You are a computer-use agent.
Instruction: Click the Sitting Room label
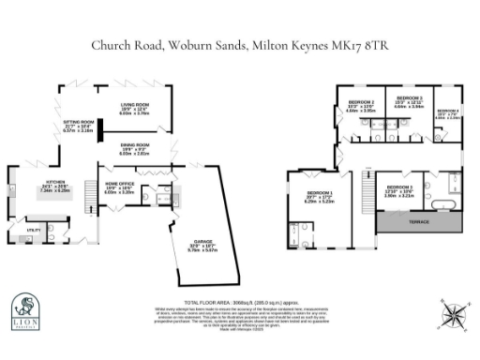pyautogui.click(x=78, y=122)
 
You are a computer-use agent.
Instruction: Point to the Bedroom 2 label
pyautogui.click(x=361, y=102)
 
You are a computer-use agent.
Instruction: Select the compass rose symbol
pyautogui.click(x=453, y=314)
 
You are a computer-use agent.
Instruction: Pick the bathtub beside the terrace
pyautogui.click(x=440, y=201)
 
